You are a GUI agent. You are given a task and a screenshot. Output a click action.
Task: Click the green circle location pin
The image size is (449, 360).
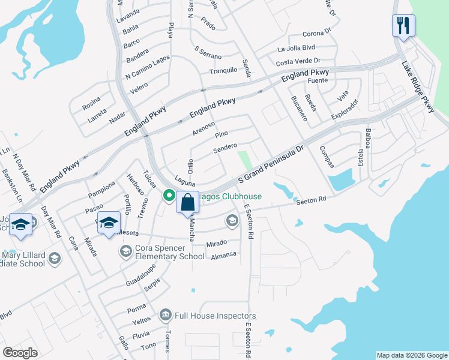tap(169, 195)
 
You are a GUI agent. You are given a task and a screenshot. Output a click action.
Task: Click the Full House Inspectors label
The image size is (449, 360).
tap(215, 316)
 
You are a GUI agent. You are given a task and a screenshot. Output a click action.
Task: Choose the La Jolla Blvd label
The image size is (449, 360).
tap(296, 48)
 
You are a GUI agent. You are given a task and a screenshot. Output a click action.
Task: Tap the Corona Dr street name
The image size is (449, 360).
tap(317, 33)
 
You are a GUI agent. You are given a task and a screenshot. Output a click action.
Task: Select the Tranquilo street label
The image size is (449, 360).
tap(223, 71)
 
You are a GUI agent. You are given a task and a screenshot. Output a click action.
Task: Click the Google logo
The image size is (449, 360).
tap(20, 353)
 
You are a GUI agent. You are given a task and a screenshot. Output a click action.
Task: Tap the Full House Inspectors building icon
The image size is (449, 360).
tap(165, 315)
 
